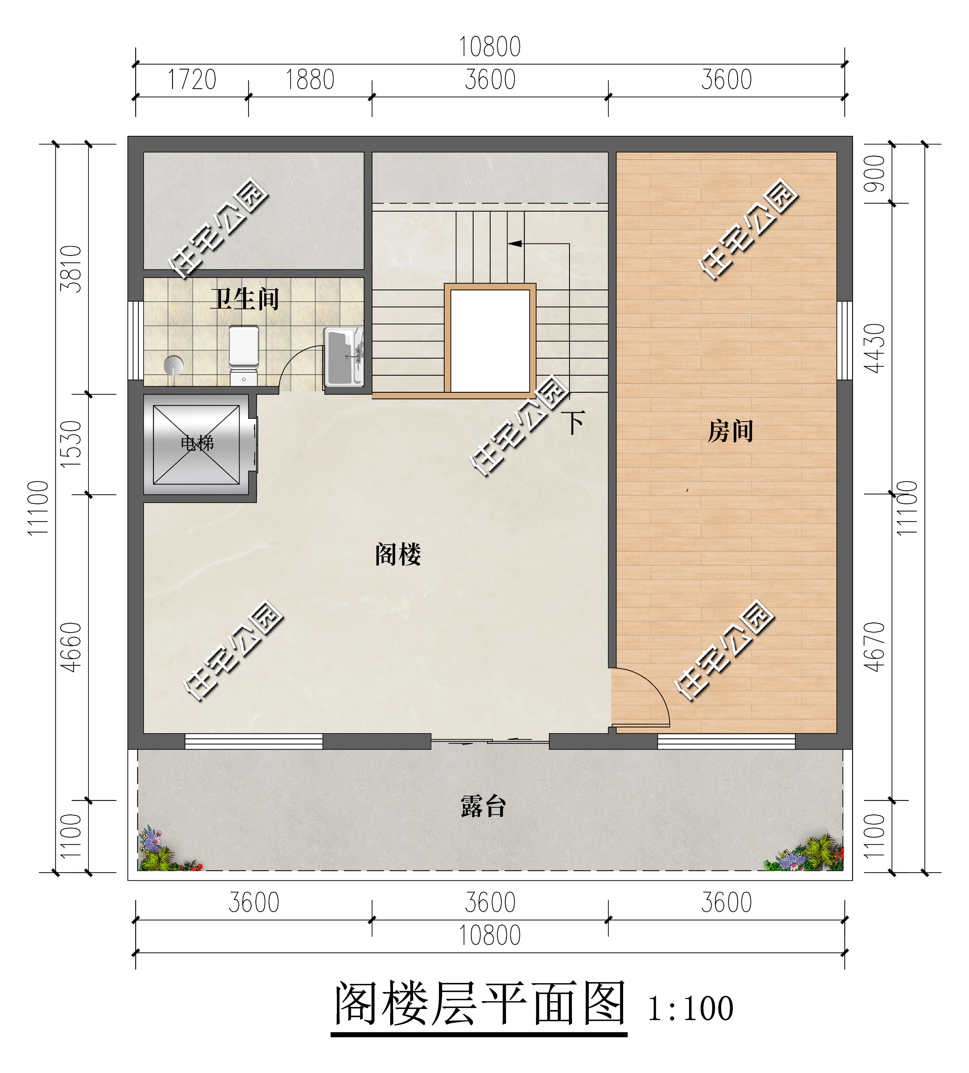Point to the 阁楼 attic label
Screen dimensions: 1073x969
coord(398,555)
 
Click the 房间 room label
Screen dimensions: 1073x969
coord(730,431)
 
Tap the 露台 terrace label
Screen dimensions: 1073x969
coord(483,806)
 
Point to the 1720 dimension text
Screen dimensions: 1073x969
coord(191,80)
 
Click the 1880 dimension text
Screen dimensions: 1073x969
coord(310,80)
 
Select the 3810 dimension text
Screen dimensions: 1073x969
coord(71,269)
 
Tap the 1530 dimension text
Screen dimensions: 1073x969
coord(71,444)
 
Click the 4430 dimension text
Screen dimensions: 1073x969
coord(874,349)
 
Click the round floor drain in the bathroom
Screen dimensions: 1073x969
coord(174,365)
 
